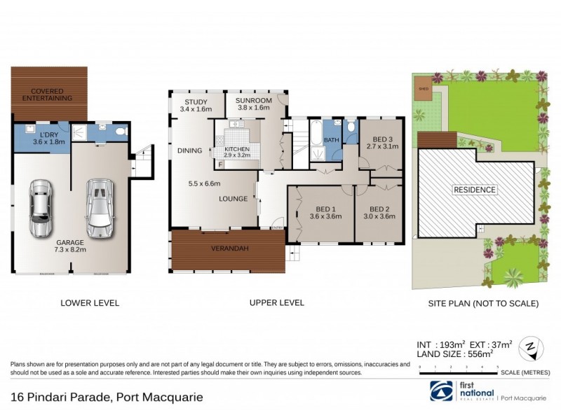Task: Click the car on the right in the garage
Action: tap(99, 208)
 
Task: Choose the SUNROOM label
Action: tap(252, 105)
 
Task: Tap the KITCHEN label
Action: tap(237, 153)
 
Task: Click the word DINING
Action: tap(189, 150)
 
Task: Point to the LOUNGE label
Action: tap(233, 199)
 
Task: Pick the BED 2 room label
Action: tap(379, 212)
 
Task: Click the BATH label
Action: tap(331, 140)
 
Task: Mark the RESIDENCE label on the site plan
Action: tap(475, 190)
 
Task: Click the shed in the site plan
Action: tap(423, 90)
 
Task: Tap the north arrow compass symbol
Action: tap(531, 346)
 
